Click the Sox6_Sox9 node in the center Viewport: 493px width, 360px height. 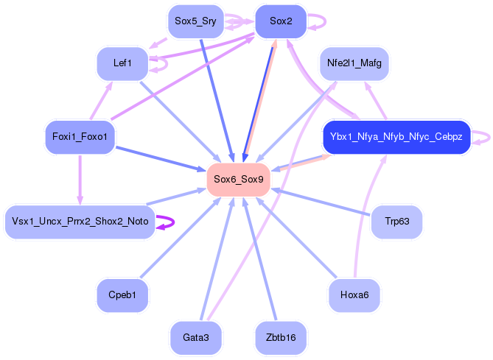[238, 180]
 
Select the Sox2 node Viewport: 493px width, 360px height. [281, 21]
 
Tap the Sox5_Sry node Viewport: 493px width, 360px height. [195, 21]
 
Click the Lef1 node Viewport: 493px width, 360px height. [122, 63]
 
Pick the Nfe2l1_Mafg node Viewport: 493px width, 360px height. [354, 63]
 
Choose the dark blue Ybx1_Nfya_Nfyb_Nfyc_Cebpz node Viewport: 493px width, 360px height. [396, 137]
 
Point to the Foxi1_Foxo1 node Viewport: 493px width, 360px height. [80, 137]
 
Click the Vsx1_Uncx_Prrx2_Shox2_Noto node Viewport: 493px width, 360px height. [80, 222]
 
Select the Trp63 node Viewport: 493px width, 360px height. [396, 222]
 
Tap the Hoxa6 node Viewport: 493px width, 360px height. [354, 295]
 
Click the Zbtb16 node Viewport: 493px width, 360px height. [281, 338]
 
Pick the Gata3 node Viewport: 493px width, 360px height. [195, 338]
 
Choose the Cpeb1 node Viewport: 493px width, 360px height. [122, 295]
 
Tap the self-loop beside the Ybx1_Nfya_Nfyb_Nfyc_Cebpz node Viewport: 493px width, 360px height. [489, 138]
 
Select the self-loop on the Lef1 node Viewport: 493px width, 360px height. [167, 64]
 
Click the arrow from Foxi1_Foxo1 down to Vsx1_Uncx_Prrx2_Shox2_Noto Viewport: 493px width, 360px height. [80, 180]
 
